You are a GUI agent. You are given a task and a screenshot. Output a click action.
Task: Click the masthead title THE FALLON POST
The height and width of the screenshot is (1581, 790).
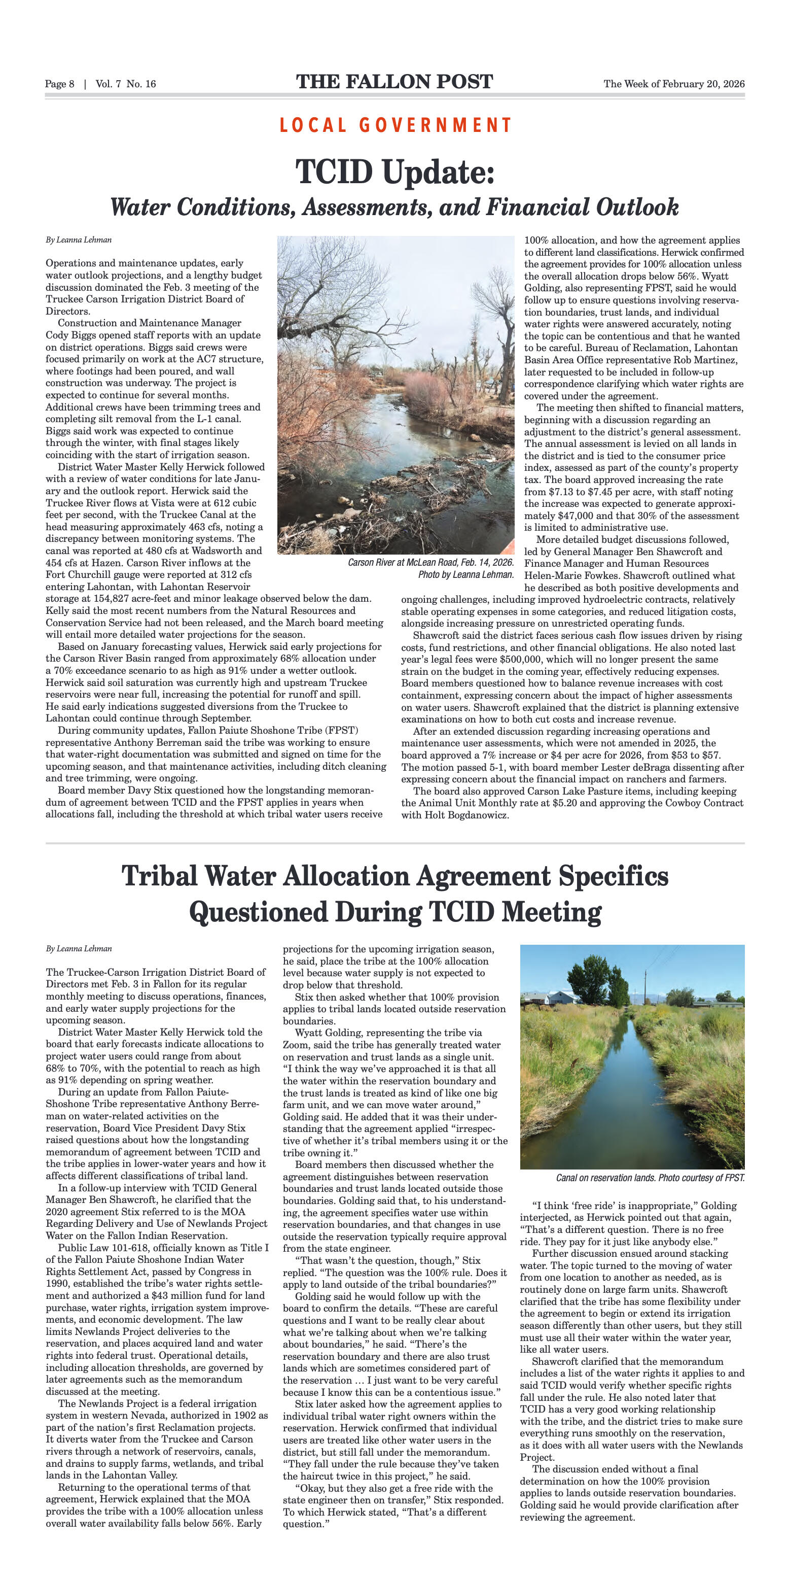394,82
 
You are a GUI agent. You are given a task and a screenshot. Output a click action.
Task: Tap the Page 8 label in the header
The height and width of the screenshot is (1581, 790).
59,84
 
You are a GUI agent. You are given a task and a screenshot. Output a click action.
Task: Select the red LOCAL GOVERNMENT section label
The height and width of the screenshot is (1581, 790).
395,125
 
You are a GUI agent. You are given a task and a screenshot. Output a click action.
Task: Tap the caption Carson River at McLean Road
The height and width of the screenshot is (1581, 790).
430,563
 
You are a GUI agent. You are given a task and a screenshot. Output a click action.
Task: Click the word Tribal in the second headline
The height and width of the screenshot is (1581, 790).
160,876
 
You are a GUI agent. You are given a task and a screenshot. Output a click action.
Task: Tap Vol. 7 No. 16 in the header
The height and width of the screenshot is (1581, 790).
126,84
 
